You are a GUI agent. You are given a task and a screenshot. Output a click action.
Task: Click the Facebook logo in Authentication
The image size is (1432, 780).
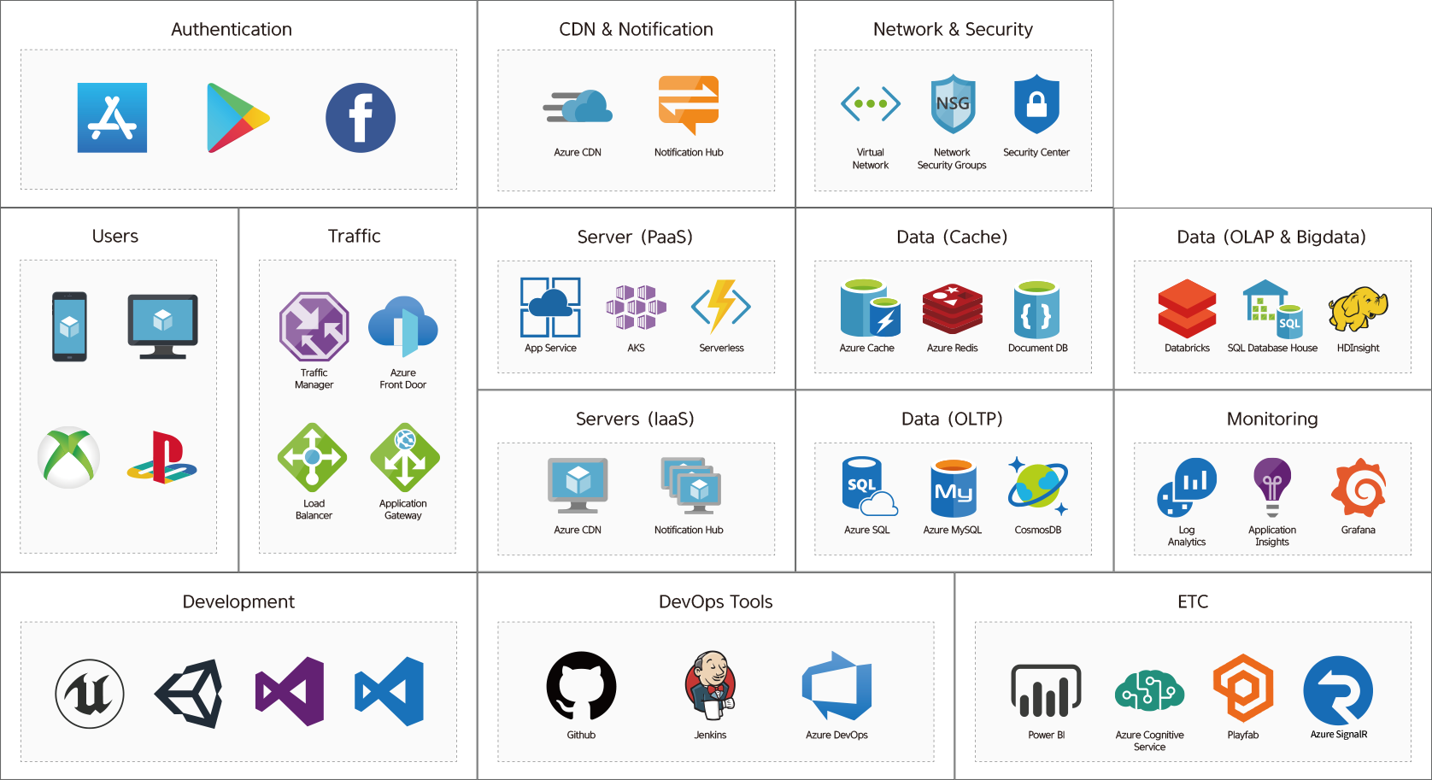coord(361,118)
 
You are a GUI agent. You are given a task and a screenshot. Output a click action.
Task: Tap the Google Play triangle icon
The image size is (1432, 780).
coord(238,118)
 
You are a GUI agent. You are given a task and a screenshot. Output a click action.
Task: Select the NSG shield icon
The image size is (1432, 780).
coord(953,103)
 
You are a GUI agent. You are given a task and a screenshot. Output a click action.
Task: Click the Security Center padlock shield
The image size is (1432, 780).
coord(1036,103)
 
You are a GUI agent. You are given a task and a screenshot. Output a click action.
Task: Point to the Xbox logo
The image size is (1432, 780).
coord(69,457)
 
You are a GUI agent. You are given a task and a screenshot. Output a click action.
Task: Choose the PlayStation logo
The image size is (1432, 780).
coord(161,458)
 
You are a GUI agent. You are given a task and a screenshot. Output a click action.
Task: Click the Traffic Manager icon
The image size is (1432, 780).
coord(314,326)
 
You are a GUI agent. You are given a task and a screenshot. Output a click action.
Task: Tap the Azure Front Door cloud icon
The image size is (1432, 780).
coord(402,326)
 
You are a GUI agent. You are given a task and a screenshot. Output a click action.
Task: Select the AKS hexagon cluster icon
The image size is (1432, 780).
coord(636,308)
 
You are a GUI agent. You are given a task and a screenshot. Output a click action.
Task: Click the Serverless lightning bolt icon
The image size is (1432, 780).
coord(721,307)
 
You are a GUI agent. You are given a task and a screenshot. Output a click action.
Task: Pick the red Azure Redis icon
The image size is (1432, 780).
coord(953,309)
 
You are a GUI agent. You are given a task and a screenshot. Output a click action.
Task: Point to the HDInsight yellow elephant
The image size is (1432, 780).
coord(1358,309)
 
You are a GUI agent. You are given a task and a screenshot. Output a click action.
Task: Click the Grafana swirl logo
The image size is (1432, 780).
coord(1359,487)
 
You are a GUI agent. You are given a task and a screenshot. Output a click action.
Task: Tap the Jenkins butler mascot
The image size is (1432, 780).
coord(710,687)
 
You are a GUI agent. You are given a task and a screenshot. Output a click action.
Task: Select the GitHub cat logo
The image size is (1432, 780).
coord(581,687)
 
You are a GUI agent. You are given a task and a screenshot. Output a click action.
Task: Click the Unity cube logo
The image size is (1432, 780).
coord(189,693)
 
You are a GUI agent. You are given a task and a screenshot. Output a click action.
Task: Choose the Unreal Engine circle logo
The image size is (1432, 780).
coord(90,694)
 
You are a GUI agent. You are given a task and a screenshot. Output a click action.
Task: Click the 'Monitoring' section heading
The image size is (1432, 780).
coord(1272,419)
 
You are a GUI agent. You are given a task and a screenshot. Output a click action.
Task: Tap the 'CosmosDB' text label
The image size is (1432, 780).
coord(1037,530)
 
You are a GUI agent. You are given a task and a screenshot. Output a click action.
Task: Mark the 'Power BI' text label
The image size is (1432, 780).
coord(1046,736)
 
